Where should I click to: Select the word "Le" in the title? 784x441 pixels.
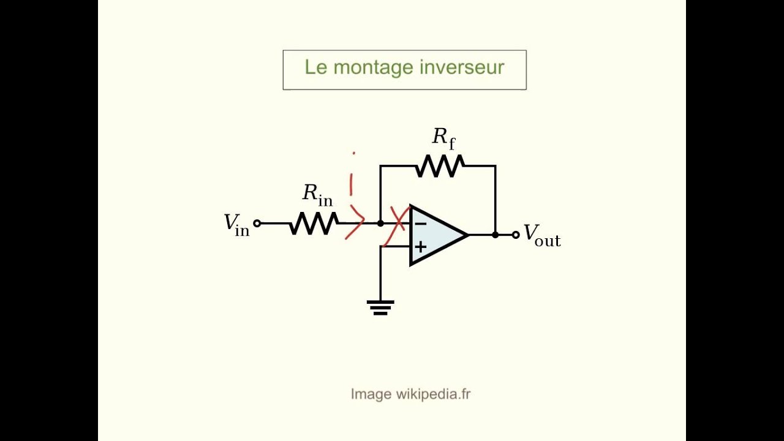[x=315, y=67]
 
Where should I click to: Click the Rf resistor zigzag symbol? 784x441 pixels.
[x=440, y=166]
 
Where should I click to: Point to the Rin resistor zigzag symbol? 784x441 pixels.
[x=314, y=224]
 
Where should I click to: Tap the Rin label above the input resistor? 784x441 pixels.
[x=317, y=195]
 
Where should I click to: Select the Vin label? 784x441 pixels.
[x=236, y=224]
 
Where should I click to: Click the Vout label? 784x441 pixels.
[x=541, y=235]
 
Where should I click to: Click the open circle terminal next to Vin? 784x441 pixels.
[x=257, y=224]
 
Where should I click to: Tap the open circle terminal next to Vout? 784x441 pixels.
[x=516, y=235]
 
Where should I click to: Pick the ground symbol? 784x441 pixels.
[x=380, y=307]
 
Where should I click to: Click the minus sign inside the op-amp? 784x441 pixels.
[x=420, y=224]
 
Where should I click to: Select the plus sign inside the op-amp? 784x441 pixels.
[x=421, y=247]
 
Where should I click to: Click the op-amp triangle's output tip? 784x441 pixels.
[x=467, y=235]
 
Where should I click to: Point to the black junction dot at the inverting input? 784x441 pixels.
[x=380, y=224]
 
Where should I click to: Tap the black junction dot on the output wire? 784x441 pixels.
[x=495, y=235]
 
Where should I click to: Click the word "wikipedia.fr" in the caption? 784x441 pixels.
[x=433, y=394]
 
